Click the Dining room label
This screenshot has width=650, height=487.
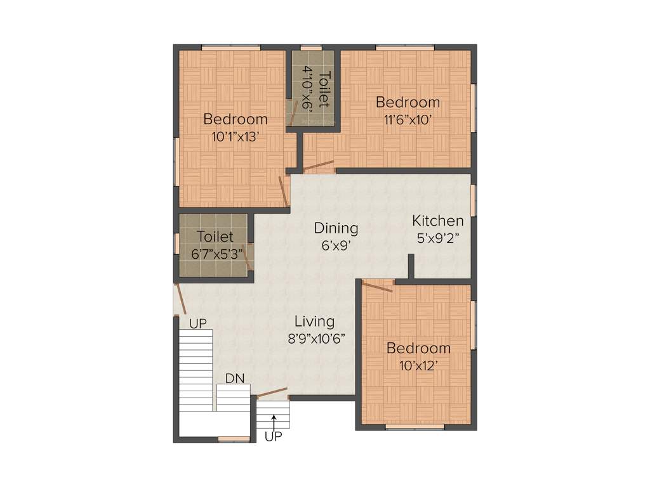[x=336, y=228]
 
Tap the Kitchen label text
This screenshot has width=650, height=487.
[x=437, y=221]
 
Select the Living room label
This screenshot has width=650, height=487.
[x=314, y=321]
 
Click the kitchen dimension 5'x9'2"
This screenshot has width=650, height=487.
[x=437, y=238]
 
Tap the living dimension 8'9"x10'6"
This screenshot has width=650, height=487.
[x=315, y=338]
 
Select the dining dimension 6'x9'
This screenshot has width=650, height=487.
[x=336, y=244]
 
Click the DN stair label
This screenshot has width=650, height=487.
[x=235, y=379]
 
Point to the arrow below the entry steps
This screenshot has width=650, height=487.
[x=274, y=420]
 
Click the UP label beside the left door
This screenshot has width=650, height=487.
[x=198, y=323]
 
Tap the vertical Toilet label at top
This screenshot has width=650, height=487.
[x=324, y=89]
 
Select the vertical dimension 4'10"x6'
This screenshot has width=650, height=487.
[x=308, y=89]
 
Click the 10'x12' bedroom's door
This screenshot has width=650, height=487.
[x=377, y=286]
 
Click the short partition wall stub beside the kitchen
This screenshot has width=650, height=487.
[x=411, y=266]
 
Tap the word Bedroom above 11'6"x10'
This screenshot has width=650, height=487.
[x=408, y=102]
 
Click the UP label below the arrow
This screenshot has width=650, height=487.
[x=274, y=436]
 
